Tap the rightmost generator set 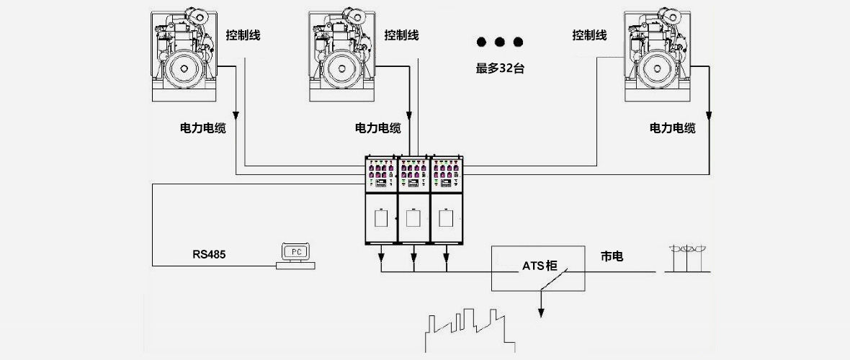(656, 54)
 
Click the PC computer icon (295, 256)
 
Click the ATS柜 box (539, 268)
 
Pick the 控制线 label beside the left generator (243, 35)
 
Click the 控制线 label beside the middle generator (401, 35)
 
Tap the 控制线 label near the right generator (589, 35)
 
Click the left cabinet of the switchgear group (382, 202)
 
